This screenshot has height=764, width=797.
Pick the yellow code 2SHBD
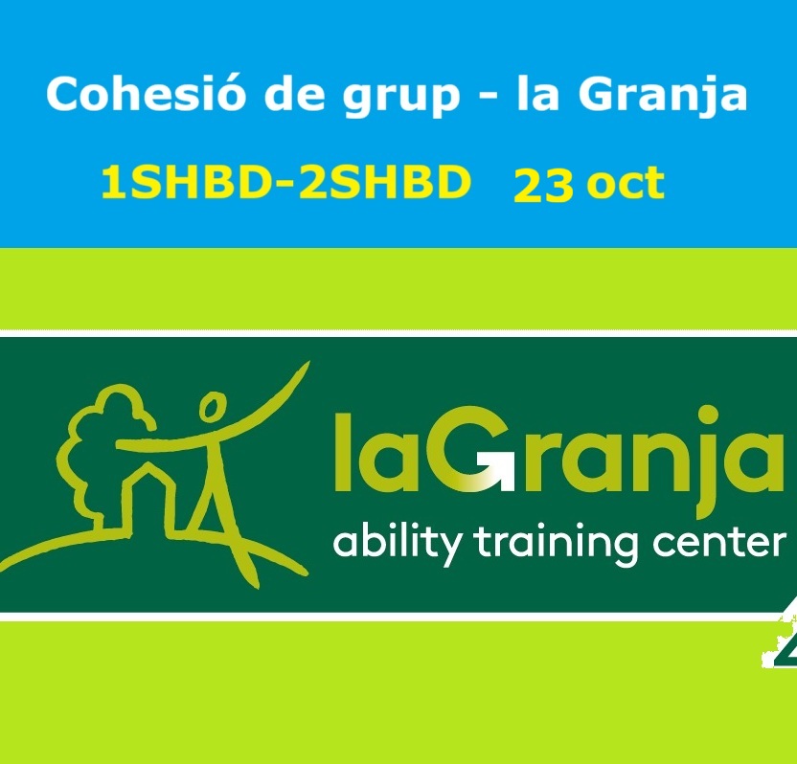383,183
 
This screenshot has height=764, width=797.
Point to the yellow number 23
543,186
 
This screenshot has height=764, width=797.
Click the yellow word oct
626,184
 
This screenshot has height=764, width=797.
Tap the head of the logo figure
212,406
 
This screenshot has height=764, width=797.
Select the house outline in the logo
148,501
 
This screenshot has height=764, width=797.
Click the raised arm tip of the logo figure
307,364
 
